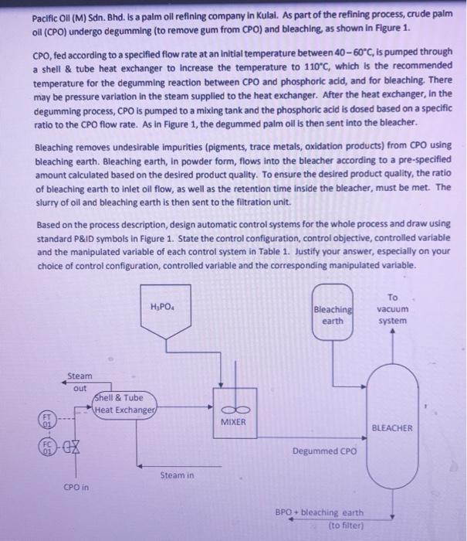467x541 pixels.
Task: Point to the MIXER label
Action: (x=233, y=423)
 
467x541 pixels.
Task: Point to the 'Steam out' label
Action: (x=79, y=383)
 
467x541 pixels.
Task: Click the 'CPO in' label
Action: (x=76, y=488)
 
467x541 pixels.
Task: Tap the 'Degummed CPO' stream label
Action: (x=324, y=451)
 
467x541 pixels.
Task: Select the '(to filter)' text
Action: (x=345, y=525)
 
